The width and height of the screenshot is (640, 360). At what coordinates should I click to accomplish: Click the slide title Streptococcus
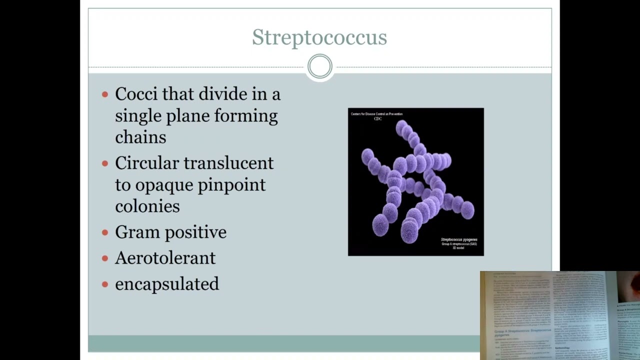click(319, 37)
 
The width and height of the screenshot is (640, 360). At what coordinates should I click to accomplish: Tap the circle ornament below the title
click(319, 66)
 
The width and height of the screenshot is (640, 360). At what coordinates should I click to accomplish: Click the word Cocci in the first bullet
click(136, 94)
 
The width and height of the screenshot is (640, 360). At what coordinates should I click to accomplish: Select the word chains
click(140, 137)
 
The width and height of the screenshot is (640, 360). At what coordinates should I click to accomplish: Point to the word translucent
click(228, 163)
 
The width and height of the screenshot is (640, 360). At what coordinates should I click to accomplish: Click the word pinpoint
click(231, 185)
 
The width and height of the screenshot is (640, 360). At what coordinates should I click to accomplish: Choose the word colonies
click(147, 206)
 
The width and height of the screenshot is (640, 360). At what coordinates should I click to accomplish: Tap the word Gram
click(137, 232)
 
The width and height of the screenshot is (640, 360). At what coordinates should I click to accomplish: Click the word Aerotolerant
click(165, 258)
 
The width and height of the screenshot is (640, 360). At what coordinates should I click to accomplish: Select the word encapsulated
click(167, 284)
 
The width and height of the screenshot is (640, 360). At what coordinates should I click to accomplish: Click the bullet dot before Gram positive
click(105, 232)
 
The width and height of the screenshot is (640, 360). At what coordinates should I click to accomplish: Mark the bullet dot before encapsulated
click(105, 284)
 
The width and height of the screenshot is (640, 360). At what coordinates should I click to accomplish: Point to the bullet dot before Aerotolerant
click(105, 258)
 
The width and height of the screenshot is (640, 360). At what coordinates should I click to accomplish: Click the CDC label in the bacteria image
click(377, 119)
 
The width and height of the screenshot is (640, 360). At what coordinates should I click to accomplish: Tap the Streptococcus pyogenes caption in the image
click(458, 240)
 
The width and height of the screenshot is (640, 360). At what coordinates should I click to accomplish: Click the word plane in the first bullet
click(188, 116)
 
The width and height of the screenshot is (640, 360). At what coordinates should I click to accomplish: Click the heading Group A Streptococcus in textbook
click(522, 331)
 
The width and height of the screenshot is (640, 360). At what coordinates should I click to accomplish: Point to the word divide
click(222, 94)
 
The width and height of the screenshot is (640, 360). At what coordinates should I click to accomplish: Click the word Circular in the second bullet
click(146, 163)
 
